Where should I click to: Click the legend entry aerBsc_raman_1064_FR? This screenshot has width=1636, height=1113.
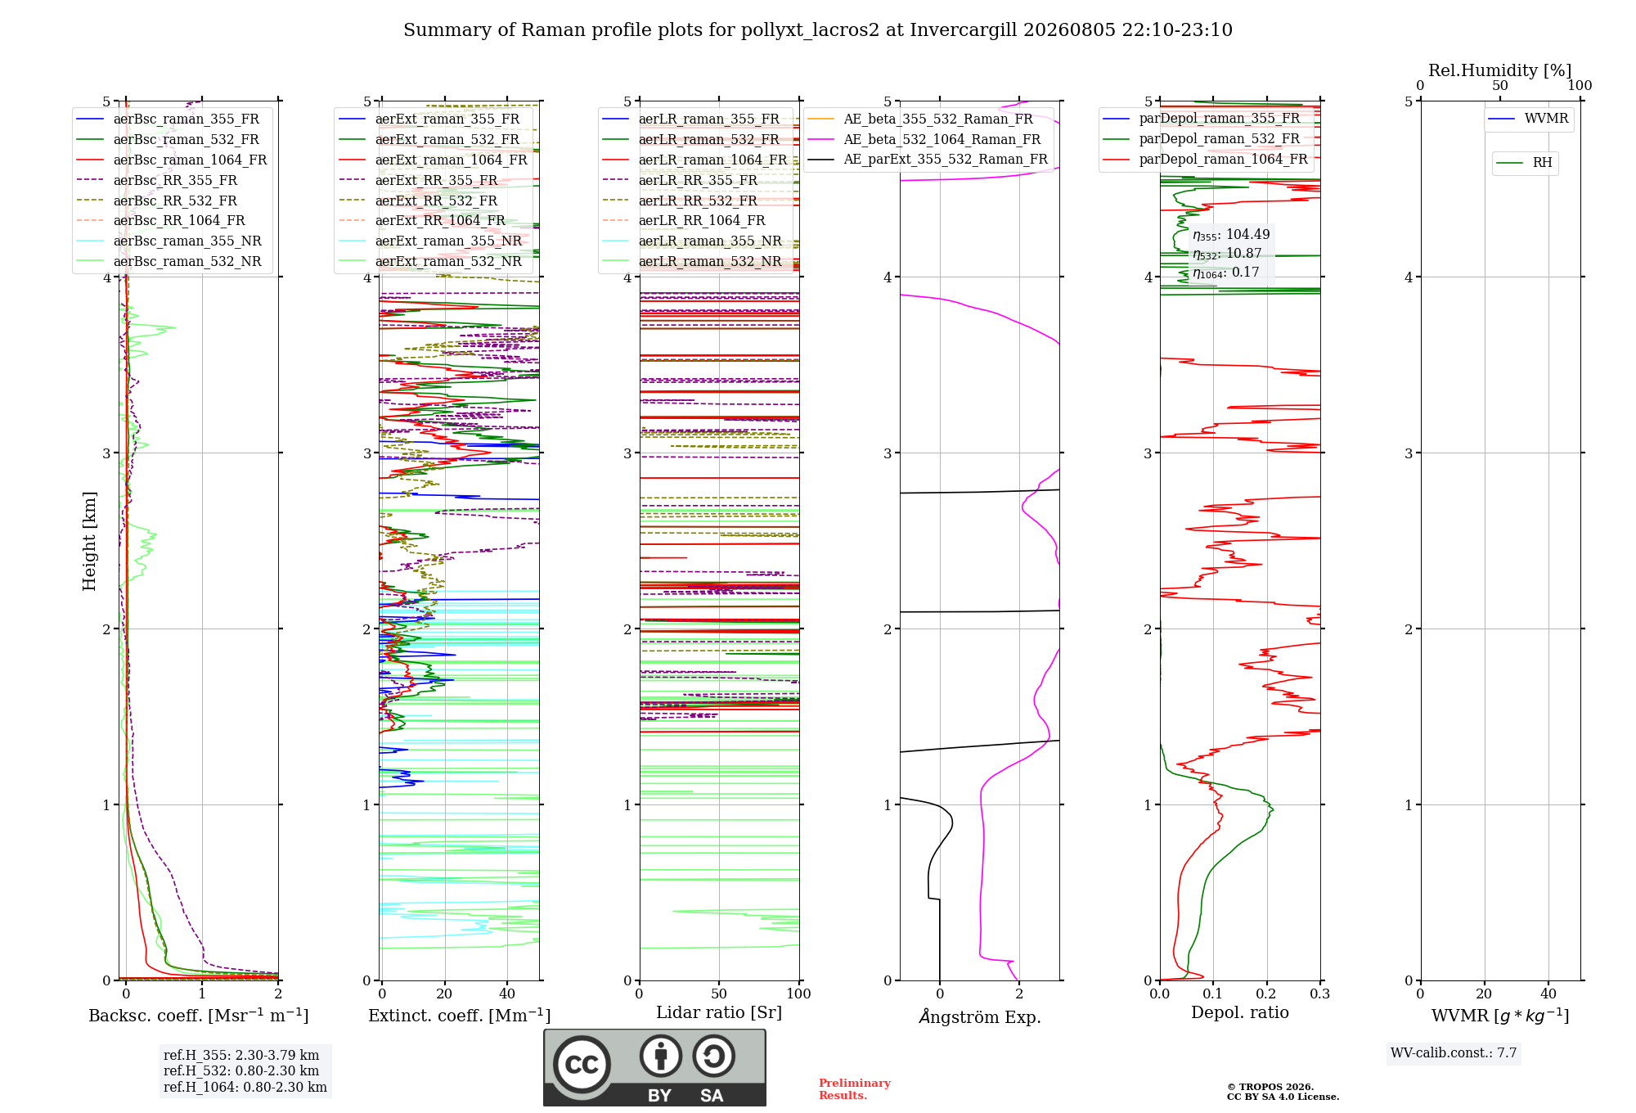point(172,160)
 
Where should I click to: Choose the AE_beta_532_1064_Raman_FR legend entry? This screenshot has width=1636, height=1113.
point(924,139)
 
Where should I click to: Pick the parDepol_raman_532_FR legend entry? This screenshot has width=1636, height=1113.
point(1202,138)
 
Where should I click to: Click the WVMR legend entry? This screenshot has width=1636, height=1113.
point(1529,119)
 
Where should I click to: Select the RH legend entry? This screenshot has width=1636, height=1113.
point(1525,163)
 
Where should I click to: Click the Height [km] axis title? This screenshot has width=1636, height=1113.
point(89,541)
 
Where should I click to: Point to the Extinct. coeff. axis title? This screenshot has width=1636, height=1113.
point(460,1016)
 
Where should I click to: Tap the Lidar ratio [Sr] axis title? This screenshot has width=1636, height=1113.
point(719,1012)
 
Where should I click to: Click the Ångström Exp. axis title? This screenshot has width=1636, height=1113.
point(980,1016)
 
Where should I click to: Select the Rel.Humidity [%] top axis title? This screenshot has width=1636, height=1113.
point(1500,70)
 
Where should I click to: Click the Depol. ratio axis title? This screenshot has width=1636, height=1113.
point(1240,1012)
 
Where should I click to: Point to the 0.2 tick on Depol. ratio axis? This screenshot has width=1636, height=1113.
point(1266,994)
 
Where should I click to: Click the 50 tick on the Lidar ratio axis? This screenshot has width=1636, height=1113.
point(719,994)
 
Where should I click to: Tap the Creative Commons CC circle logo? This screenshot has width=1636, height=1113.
point(582,1064)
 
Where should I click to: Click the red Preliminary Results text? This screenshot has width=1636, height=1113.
point(855,1089)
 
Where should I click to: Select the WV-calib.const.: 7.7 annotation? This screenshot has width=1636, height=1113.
point(1454,1053)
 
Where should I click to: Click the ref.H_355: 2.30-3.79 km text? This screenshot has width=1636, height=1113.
point(241,1055)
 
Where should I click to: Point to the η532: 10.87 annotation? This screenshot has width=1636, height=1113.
point(1227,254)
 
